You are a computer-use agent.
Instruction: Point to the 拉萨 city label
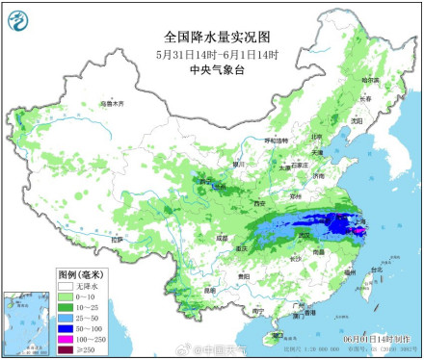point(118,239)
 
